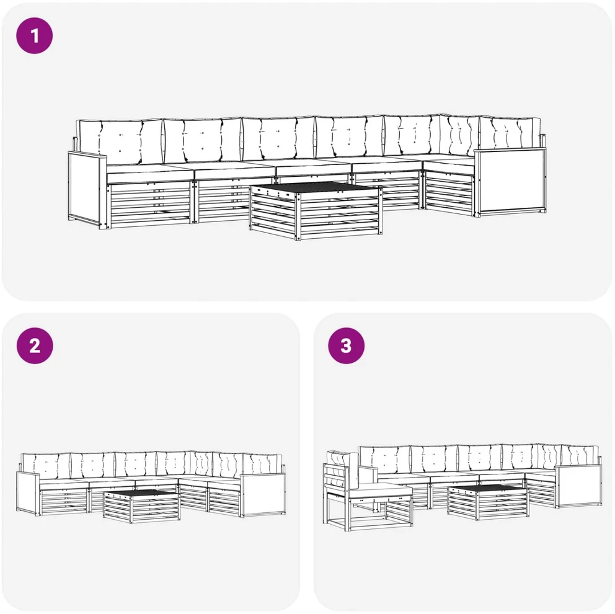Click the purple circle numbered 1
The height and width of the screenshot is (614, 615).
click(x=35, y=36)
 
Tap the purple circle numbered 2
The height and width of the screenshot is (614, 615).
click(x=35, y=345)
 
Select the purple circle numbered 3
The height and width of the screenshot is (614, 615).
click(x=347, y=345)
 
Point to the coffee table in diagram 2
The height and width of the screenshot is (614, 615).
click(x=141, y=505)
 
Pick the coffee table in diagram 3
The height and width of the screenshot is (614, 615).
click(x=489, y=502)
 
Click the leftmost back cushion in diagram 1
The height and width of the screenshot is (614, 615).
click(x=120, y=141)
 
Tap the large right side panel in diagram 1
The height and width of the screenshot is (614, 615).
click(x=510, y=181)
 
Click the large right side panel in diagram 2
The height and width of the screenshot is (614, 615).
click(x=263, y=494)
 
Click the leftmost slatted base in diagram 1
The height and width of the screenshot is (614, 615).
click(x=149, y=205)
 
